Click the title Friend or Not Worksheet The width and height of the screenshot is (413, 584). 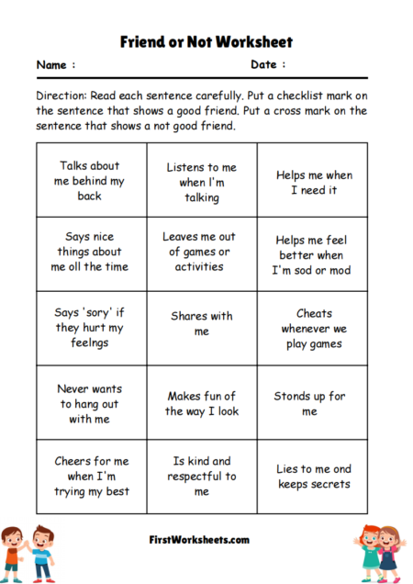206,42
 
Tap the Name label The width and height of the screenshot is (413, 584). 55,65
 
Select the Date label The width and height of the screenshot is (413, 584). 268,65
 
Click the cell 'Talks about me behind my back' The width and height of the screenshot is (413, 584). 90,181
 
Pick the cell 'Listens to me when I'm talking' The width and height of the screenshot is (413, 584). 201,182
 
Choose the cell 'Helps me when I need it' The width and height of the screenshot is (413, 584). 313,182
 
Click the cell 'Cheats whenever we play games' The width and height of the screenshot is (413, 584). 313,329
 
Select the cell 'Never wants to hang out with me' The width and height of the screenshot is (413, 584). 90,403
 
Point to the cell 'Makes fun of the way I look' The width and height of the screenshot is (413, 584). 201,403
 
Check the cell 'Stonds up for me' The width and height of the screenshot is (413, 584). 313,403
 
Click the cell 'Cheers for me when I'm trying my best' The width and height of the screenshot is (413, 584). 90,476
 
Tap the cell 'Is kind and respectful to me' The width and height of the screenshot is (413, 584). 201,476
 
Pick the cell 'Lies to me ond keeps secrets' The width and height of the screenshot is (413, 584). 313,476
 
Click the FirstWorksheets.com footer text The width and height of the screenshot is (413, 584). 200,539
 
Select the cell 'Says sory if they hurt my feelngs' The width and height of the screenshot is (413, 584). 90,329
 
